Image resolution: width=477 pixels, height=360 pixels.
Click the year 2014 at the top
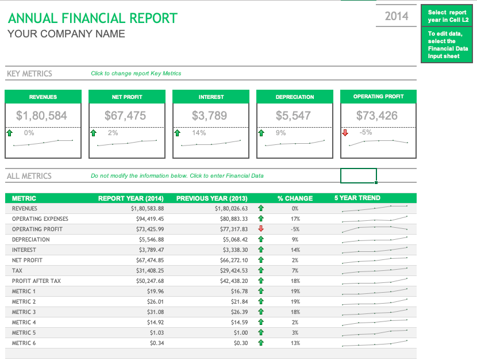point(396,16)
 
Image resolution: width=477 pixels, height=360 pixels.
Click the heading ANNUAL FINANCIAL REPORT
point(93,18)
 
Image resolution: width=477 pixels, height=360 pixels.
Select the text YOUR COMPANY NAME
point(66,34)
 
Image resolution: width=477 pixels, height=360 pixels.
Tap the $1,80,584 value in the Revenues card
point(42,116)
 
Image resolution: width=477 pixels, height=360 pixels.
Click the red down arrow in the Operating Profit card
point(345,133)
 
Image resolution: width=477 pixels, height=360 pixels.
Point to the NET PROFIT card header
point(127,97)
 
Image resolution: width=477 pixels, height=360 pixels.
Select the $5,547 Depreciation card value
point(293,116)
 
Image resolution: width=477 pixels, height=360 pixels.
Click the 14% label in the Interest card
point(199,133)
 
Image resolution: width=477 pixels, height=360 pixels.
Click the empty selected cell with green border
point(359,175)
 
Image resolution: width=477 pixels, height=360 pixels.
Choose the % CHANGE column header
point(295,198)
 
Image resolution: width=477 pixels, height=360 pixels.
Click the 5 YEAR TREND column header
point(357,198)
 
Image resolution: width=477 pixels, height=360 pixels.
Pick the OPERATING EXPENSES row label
point(40,219)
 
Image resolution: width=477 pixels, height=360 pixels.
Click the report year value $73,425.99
point(148,229)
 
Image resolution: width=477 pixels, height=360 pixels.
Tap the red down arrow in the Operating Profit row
point(260,229)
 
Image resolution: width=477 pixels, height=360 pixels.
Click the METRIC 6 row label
point(24,343)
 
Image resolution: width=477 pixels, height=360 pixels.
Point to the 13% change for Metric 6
point(295,343)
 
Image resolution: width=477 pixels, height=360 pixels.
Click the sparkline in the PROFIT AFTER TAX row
point(375,281)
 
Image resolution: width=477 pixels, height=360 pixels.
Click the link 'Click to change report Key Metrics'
point(136,74)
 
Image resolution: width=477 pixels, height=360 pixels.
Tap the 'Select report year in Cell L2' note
point(447,16)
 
